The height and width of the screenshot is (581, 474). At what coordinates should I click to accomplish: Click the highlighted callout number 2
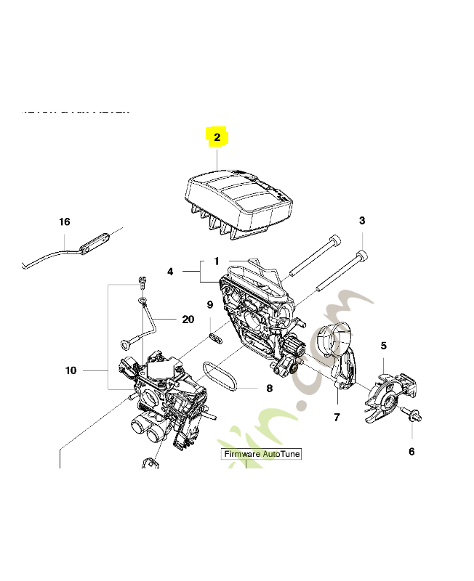[x=217, y=136]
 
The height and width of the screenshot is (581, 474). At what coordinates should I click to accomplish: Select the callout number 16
[x=65, y=222]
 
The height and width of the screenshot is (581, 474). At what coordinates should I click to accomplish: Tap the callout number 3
[x=362, y=221]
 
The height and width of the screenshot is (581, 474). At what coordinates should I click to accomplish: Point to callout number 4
[x=170, y=272]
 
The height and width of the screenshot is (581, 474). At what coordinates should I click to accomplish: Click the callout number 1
[x=216, y=261]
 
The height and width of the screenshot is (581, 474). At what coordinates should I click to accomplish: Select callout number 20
[x=188, y=319]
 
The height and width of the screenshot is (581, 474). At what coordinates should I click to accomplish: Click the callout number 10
[x=71, y=370]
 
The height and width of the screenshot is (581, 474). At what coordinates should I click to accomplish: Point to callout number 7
[x=337, y=417]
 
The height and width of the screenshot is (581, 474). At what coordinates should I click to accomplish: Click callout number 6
[x=411, y=451]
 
